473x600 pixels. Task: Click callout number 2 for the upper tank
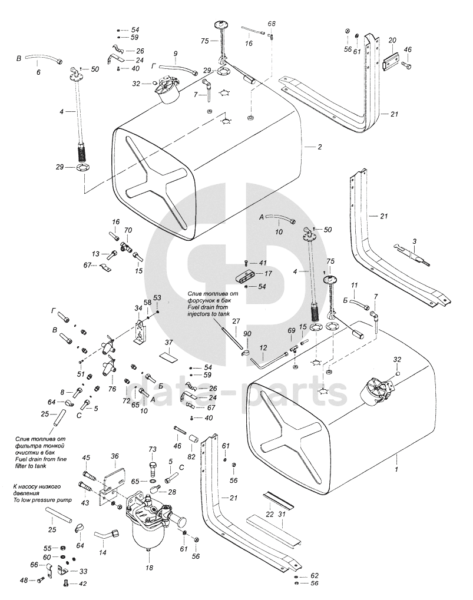click(319, 147)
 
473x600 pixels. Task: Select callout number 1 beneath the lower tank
click(396, 469)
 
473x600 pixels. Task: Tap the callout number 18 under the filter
click(149, 568)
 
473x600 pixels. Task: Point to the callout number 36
click(115, 456)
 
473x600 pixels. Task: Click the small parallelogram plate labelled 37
click(168, 356)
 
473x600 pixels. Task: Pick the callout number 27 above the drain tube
click(236, 321)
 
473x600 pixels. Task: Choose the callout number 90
click(247, 334)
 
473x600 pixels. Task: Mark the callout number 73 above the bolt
click(152, 450)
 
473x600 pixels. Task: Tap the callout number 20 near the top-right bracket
click(392, 40)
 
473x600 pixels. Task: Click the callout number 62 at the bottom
click(314, 575)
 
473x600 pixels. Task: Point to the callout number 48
click(24, 580)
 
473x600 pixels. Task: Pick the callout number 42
click(82, 584)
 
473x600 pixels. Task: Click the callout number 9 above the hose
click(175, 54)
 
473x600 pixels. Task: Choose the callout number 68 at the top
click(272, 24)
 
